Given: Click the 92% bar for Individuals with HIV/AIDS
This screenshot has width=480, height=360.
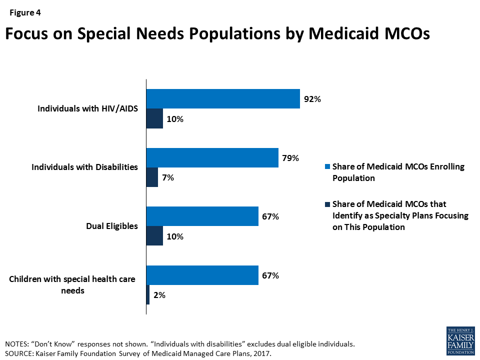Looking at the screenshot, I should click(x=223, y=98).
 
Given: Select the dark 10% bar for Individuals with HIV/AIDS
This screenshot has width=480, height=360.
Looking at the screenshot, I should click(x=154, y=118).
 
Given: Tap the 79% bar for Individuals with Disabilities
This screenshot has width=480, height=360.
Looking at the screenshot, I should click(x=212, y=157).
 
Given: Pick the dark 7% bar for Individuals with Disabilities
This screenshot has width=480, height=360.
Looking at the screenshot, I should click(x=152, y=177).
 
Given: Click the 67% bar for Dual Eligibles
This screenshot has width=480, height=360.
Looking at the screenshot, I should click(x=202, y=216).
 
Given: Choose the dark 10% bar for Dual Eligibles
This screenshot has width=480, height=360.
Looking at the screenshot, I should click(x=154, y=236).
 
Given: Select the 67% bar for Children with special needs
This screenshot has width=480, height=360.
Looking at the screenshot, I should click(x=202, y=275).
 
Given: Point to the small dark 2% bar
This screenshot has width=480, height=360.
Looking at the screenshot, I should click(x=148, y=295).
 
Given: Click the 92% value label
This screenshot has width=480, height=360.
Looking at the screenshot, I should click(x=311, y=99).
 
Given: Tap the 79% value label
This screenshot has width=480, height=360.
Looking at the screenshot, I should click(x=290, y=158).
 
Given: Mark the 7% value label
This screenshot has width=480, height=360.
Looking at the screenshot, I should click(x=167, y=177).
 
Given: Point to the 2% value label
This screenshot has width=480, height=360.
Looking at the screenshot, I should click(x=159, y=295).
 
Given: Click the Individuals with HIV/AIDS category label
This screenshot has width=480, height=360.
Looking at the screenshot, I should click(x=87, y=108).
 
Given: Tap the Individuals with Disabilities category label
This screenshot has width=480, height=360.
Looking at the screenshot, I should click(x=84, y=167).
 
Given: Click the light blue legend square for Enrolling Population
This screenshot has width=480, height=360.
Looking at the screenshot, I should click(x=327, y=167).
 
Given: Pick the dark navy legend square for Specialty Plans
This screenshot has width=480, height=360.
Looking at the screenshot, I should click(x=327, y=204).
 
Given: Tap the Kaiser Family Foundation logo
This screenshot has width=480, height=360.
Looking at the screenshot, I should click(x=459, y=340).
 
